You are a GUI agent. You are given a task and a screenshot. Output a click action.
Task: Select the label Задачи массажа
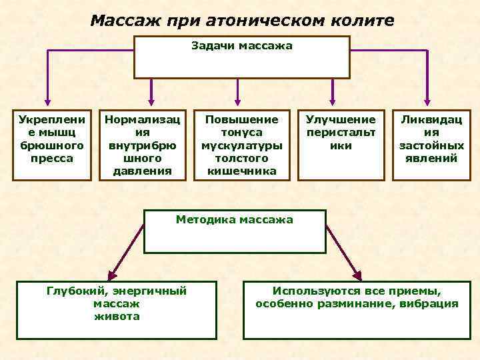(242, 46)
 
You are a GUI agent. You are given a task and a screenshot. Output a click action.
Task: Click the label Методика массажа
(234, 219)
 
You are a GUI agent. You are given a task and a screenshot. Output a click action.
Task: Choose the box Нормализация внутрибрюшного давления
(143, 144)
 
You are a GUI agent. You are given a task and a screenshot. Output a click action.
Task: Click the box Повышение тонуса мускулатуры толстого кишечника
(242, 145)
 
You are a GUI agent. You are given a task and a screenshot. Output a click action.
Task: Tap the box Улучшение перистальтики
(341, 144)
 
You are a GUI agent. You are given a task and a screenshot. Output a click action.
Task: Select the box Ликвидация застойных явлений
(431, 144)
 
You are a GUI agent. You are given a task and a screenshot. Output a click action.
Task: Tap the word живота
(117, 316)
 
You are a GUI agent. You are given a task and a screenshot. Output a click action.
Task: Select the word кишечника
(242, 171)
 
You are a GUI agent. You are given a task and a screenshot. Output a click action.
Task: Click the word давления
(143, 171)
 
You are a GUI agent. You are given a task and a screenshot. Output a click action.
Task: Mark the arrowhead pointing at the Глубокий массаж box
(111, 274)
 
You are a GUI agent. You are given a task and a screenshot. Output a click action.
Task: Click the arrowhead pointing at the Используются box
(358, 274)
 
